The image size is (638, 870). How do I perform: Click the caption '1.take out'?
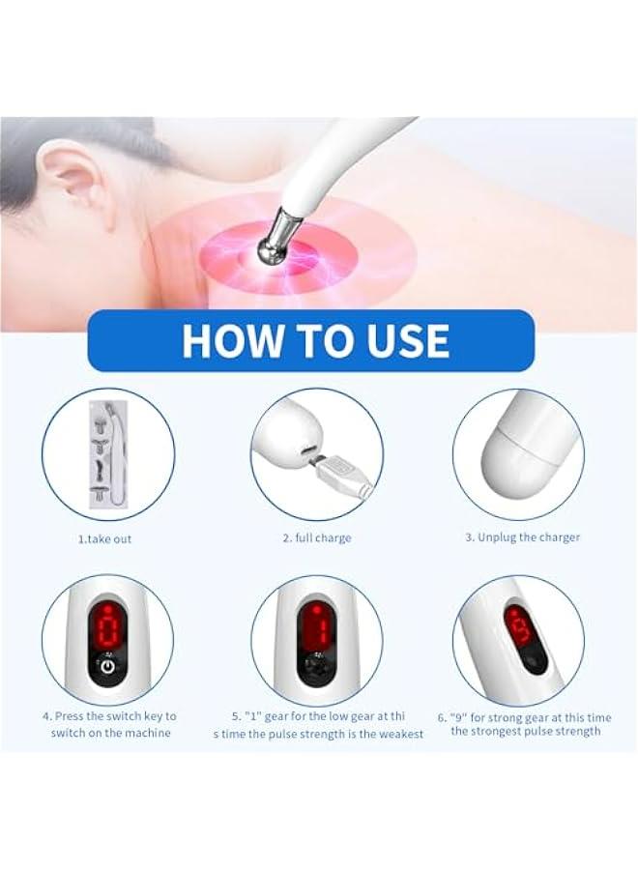105,538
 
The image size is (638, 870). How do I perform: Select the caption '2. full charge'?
317,537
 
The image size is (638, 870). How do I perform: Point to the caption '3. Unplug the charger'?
522,537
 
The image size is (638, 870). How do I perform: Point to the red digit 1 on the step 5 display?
315,629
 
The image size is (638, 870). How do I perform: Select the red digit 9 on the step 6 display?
519,628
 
